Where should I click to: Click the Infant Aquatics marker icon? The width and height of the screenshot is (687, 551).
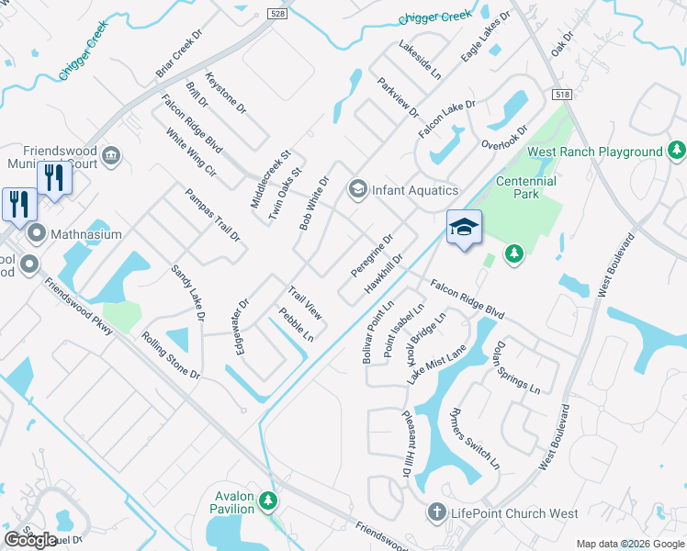(x=356, y=190)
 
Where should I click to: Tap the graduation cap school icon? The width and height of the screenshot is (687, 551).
(x=464, y=227)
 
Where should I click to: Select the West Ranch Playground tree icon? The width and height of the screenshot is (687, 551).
(x=676, y=150)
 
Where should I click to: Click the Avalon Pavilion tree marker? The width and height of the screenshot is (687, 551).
(x=267, y=501)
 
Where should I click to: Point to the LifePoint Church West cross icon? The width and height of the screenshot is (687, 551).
(x=437, y=512)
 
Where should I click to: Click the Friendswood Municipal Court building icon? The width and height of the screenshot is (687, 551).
(x=113, y=152)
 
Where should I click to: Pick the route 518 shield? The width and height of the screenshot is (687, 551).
(x=563, y=96)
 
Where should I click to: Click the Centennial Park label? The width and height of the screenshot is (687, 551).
(x=526, y=187)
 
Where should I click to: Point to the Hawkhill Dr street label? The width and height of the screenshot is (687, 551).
(x=385, y=274)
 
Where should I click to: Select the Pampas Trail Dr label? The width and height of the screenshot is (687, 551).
(x=212, y=216)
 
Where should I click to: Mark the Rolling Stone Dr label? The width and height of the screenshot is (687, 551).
(x=171, y=354)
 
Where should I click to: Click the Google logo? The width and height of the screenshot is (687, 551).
(x=30, y=540)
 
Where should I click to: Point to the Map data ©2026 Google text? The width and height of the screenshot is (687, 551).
(x=629, y=544)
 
